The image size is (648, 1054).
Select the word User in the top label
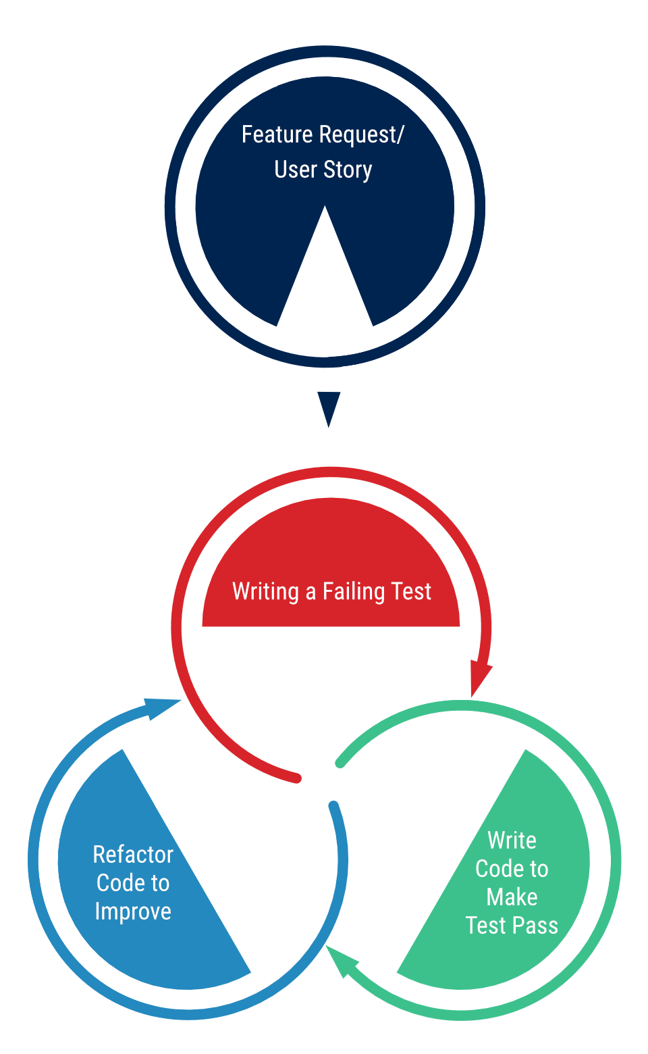coord(296,170)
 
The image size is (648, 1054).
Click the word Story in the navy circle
coord(348,170)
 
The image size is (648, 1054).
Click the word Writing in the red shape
coord(265,592)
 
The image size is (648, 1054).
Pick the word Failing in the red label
coord(354,592)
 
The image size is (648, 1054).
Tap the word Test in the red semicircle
coord(411,592)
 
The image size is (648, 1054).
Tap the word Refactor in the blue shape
coord(133,855)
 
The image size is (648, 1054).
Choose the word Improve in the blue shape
coord(133,911)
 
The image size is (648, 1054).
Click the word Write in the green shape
coord(512,840)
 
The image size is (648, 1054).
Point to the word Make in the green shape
coord(512,897)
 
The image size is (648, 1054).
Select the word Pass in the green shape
coord(536,926)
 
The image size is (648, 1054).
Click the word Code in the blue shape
coord(115,883)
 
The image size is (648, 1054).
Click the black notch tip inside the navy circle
coord(325,211)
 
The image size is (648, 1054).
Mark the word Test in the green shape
coord(486,926)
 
